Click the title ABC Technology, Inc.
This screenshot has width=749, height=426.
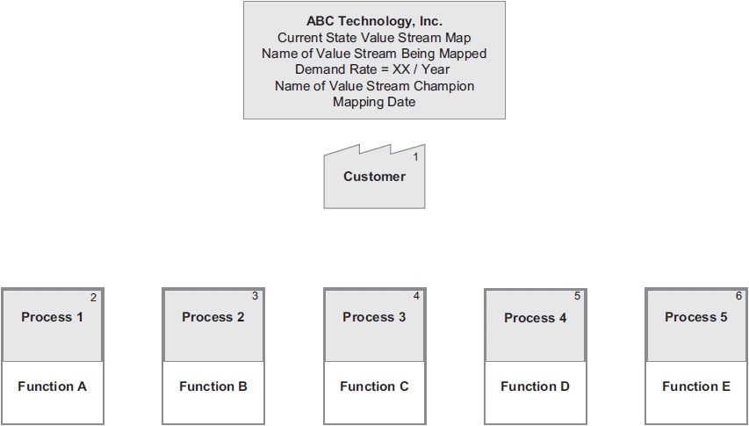pyautogui.click(x=374, y=21)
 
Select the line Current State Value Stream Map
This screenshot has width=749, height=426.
pyautogui.click(x=374, y=37)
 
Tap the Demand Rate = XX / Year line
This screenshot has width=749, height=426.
pyautogui.click(x=374, y=69)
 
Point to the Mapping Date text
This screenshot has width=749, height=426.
pyautogui.click(x=374, y=102)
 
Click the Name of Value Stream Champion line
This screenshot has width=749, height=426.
pyautogui.click(x=374, y=86)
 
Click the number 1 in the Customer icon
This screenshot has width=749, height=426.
pyautogui.click(x=416, y=156)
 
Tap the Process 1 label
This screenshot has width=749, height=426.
pyautogui.click(x=53, y=317)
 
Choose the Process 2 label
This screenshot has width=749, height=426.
pyautogui.click(x=213, y=317)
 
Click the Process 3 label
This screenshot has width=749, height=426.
pyautogui.click(x=374, y=317)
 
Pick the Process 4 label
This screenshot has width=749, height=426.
pyautogui.click(x=536, y=318)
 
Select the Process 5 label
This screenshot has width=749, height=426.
pyautogui.click(x=696, y=317)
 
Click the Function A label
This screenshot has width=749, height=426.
pyautogui.click(x=53, y=386)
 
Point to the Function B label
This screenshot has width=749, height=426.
pyautogui.click(x=213, y=386)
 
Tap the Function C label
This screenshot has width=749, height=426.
pyautogui.click(x=374, y=386)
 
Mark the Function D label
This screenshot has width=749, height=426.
pyautogui.click(x=536, y=386)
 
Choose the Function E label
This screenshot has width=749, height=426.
pyautogui.click(x=696, y=386)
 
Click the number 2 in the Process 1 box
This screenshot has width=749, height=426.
pyautogui.click(x=94, y=298)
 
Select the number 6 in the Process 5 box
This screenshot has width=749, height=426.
pyautogui.click(x=738, y=296)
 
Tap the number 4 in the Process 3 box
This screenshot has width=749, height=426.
pyautogui.click(x=416, y=296)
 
